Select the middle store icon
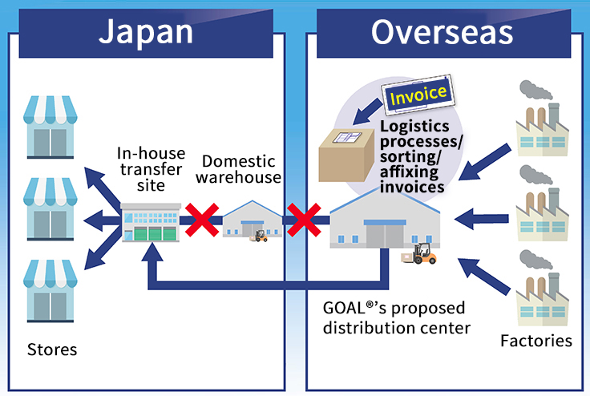click(51, 208)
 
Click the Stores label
click(52, 350)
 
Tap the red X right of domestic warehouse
click(305, 219)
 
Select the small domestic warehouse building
click(249, 220)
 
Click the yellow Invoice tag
click(418, 94)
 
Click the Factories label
click(535, 341)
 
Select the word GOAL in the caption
click(341, 309)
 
